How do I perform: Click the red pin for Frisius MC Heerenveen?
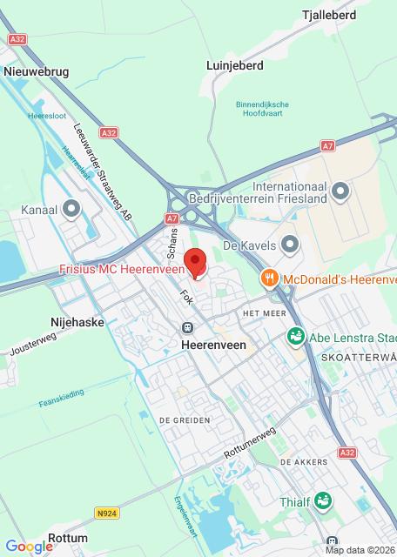point(196,261)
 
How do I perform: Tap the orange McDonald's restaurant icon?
point(270,278)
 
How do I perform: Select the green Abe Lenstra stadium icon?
point(296,337)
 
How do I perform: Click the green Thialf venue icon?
point(323,500)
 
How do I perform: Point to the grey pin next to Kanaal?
point(71,209)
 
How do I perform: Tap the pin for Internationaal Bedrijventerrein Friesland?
point(340,189)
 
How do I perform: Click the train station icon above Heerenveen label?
point(187,327)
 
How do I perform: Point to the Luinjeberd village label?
point(235,64)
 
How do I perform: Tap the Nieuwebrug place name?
point(36,70)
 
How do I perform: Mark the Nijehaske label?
point(79,321)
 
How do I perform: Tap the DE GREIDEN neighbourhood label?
point(185,419)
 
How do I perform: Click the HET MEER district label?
point(265,312)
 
